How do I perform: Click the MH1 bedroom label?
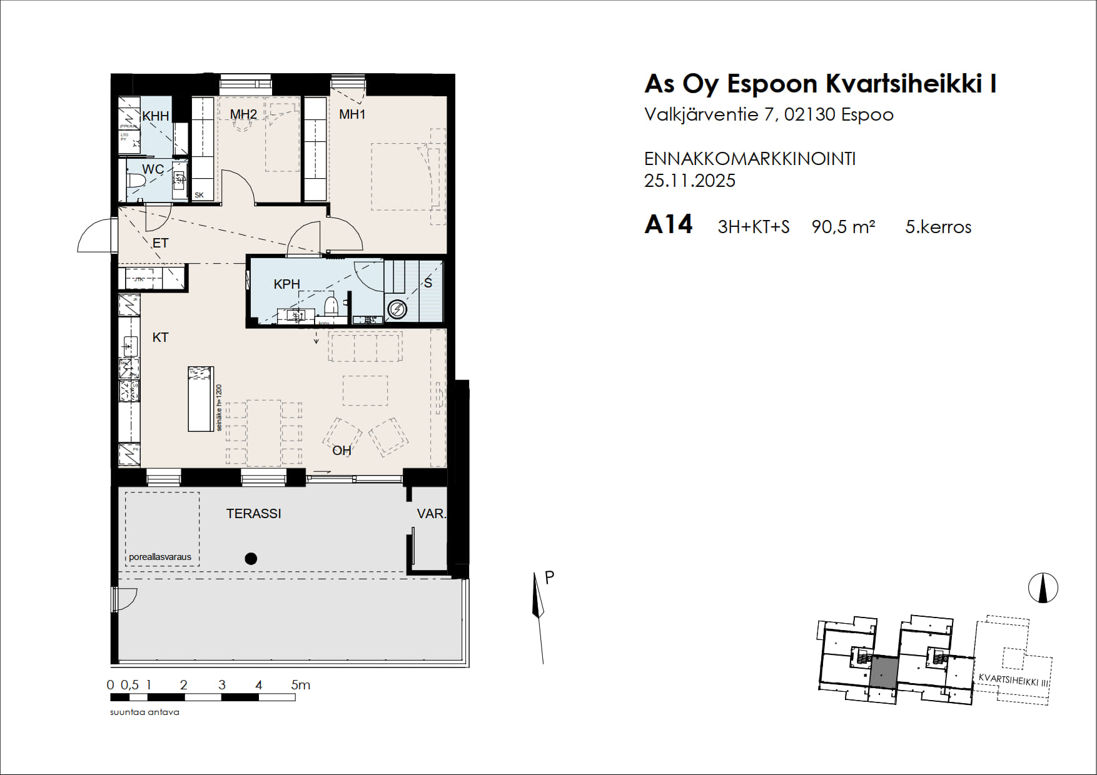tap(352, 114)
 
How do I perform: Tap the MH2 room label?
tap(243, 114)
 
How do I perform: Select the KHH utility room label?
tap(155, 116)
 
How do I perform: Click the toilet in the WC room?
tap(136, 181)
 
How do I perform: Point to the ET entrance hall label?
tap(160, 243)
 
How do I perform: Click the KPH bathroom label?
tap(286, 284)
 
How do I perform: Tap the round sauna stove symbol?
tap(397, 309)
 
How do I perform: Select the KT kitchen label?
tap(160, 337)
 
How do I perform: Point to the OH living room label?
tap(341, 451)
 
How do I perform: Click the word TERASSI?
tap(253, 514)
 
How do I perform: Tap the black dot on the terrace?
tap(251, 559)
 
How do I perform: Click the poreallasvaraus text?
tap(160, 557)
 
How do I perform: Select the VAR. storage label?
tap(431, 514)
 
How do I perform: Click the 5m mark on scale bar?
tap(300, 685)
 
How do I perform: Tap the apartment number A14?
tap(668, 224)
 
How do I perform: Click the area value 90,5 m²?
tap(843, 227)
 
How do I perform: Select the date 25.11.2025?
tap(689, 181)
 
